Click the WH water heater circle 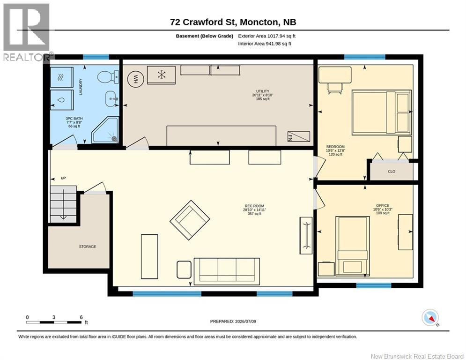pyautogui.click(x=136, y=79)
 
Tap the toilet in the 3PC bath pyautogui.click(x=108, y=77)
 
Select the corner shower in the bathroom pyautogui.click(x=105, y=130)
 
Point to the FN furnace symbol pyautogui.click(x=299, y=136)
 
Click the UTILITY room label pyautogui.click(x=263, y=91)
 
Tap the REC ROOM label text pyautogui.click(x=254, y=206)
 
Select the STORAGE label pyautogui.click(x=88, y=247)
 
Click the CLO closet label pyautogui.click(x=392, y=172)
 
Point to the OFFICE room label pyautogui.click(x=383, y=205)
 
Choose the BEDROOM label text pyautogui.click(x=335, y=147)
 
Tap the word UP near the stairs pyautogui.click(x=63, y=178)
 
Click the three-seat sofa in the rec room pyautogui.click(x=227, y=270)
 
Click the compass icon pyautogui.click(x=430, y=318)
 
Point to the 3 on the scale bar pyautogui.click(x=54, y=317)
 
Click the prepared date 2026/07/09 pyautogui.click(x=245, y=321)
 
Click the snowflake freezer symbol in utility pyautogui.click(x=162, y=75)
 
